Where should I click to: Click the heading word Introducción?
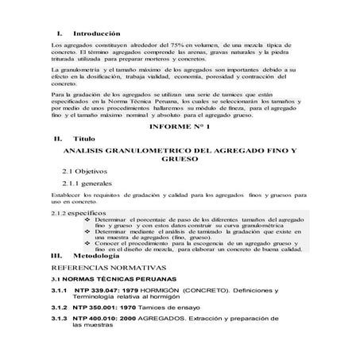coord(95,34)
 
